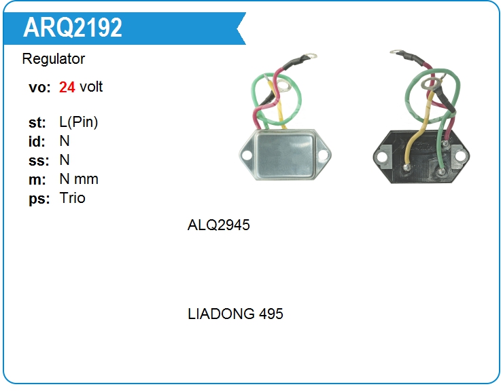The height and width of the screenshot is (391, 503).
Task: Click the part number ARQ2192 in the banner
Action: pyautogui.click(x=73, y=27)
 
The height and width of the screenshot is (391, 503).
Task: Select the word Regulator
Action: pyautogui.click(x=54, y=59)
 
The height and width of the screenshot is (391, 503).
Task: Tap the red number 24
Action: pyautogui.click(x=67, y=87)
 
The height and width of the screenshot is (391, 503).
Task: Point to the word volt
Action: pyautogui.click(x=91, y=87)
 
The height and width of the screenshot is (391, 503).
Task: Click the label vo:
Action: pyautogui.click(x=39, y=88)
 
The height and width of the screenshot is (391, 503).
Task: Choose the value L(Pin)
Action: pyautogui.click(x=79, y=122)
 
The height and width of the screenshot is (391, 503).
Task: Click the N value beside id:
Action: pyautogui.click(x=65, y=141)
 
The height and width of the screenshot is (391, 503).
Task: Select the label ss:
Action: pyautogui.click(x=39, y=161)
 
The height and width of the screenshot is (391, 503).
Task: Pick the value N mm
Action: pyautogui.click(x=79, y=179)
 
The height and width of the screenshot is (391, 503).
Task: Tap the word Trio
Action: pyautogui.click(x=73, y=198)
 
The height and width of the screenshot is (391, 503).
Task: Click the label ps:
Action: pyautogui.click(x=39, y=199)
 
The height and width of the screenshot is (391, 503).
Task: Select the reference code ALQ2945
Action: pyautogui.click(x=218, y=225)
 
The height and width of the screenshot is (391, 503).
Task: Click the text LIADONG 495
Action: pyautogui.click(x=235, y=314)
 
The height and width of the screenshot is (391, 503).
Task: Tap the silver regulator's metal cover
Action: pyautogui.click(x=285, y=155)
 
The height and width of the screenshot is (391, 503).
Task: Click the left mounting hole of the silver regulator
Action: pyautogui.click(x=247, y=155)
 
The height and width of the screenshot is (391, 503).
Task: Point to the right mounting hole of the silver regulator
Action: pyautogui.click(x=323, y=155)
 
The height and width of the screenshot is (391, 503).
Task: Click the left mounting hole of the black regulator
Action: pyautogui.click(x=382, y=157)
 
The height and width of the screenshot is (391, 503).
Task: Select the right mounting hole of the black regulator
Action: pyautogui.click(x=460, y=156)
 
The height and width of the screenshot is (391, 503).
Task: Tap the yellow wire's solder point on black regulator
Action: pyautogui.click(x=407, y=167)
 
